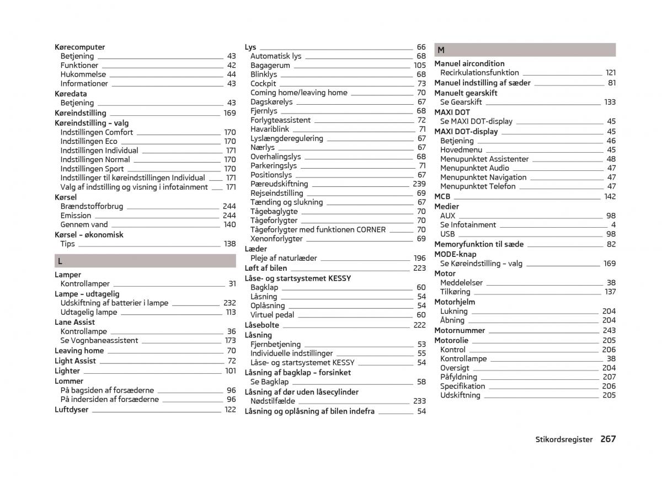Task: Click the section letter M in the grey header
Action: click(441, 50)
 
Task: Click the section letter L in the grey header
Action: click(60, 261)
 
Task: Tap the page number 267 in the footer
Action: click(608, 439)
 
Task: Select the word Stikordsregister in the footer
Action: click(564, 439)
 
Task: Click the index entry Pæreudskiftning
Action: click(279, 184)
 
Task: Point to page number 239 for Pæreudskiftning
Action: click(419, 184)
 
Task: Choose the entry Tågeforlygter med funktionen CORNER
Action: click(318, 230)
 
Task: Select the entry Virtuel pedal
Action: click(273, 315)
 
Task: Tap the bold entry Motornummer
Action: click(460, 331)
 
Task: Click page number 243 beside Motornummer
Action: click(609, 331)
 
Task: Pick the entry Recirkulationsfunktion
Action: click(479, 73)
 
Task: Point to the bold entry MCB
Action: click(442, 197)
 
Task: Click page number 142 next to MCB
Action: click(610, 197)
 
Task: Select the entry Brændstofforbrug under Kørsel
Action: click(92, 207)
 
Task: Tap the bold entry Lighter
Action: click(67, 371)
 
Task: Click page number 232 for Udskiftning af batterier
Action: click(229, 303)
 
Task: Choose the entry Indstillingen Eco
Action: click(89, 142)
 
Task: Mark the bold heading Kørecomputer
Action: click(80, 47)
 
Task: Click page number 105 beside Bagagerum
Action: click(419, 66)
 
